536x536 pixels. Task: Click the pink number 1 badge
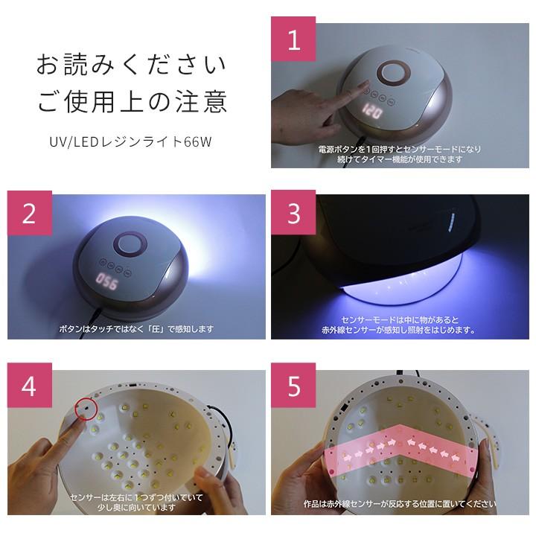[x=293, y=39]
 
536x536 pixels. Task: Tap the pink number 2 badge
[x=30, y=213]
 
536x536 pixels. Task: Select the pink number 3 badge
[x=293, y=213]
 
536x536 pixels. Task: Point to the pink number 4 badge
[x=30, y=386]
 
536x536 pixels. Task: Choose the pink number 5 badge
[x=293, y=386]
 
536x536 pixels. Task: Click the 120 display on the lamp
[x=372, y=111]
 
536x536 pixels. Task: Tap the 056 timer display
[x=106, y=281]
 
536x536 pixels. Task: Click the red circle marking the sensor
[x=86, y=409]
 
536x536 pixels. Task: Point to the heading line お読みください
[x=131, y=64]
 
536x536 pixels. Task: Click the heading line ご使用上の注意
[x=132, y=101]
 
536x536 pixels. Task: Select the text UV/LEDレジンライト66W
[x=130, y=141]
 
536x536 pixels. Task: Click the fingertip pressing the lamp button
[x=366, y=84]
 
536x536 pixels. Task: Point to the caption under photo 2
[x=136, y=329]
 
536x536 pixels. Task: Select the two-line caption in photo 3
[x=398, y=325]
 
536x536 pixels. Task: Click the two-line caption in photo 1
[x=400, y=154]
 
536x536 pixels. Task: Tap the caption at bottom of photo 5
[x=400, y=504]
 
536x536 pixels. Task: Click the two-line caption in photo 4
[x=136, y=502]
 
